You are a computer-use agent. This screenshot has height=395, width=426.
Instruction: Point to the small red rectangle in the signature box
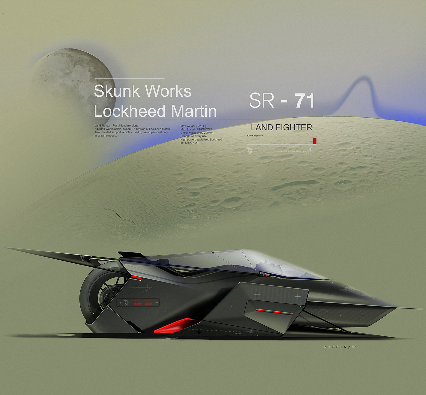[315, 141]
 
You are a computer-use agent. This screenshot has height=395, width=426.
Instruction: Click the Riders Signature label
[255, 136]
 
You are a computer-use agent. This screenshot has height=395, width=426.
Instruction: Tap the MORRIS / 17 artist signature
[340, 347]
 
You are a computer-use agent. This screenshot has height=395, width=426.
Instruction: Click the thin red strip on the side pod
[274, 312]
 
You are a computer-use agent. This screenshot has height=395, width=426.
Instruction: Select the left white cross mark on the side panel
[257, 294]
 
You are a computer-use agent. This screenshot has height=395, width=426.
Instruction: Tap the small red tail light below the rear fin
[136, 277]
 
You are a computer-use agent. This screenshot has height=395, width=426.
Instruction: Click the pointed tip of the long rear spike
[5, 248]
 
